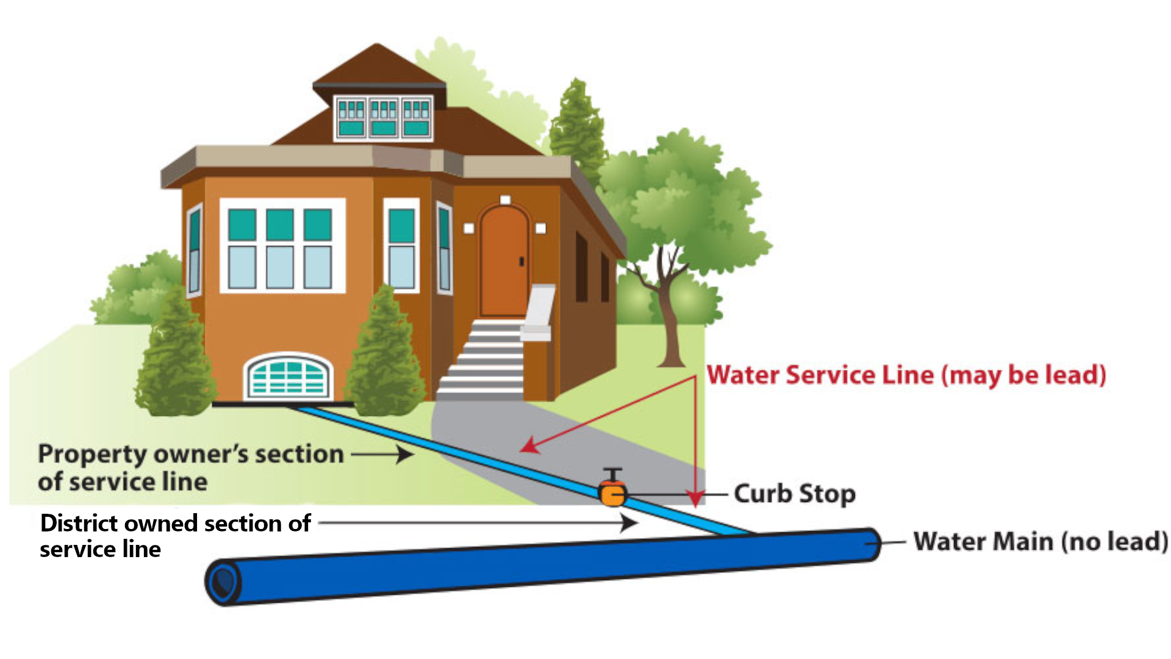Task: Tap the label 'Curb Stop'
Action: (795, 494)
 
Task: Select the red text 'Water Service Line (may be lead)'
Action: (906, 375)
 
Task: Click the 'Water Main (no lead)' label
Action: (1040, 541)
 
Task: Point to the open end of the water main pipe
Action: (223, 582)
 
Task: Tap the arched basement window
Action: (288, 376)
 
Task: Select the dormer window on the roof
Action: (384, 118)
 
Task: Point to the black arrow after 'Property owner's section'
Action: (382, 454)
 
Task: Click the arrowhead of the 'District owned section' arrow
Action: (629, 523)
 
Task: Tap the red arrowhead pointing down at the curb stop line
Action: (695, 499)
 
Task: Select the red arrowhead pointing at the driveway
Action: (529, 446)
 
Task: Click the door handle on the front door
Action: (521, 261)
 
